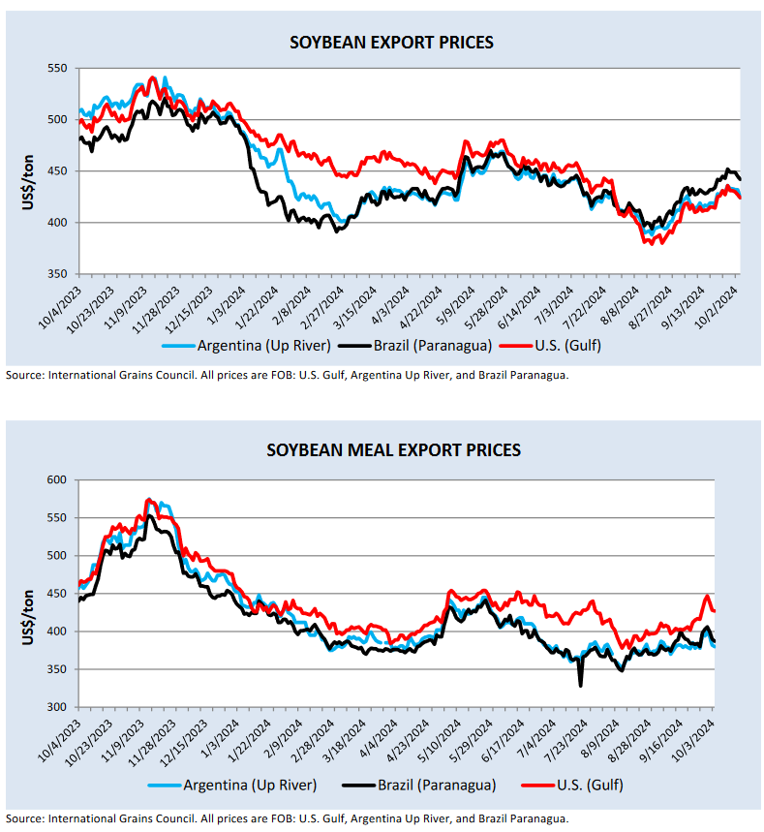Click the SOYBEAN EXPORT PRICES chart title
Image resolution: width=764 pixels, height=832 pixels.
click(392, 43)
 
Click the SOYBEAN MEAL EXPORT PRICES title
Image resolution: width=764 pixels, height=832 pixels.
click(393, 450)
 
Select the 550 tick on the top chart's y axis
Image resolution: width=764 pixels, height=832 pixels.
click(57, 69)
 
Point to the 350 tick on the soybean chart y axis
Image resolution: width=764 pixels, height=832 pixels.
click(57, 274)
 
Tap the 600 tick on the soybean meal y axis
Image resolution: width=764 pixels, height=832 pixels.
click(57, 480)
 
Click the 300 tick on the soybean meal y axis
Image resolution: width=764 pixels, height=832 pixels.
click(57, 707)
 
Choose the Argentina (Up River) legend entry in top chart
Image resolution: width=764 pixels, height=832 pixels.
click(256, 344)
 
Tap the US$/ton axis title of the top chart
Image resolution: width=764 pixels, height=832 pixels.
click(29, 171)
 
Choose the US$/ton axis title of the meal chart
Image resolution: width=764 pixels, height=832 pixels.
click(29, 594)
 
